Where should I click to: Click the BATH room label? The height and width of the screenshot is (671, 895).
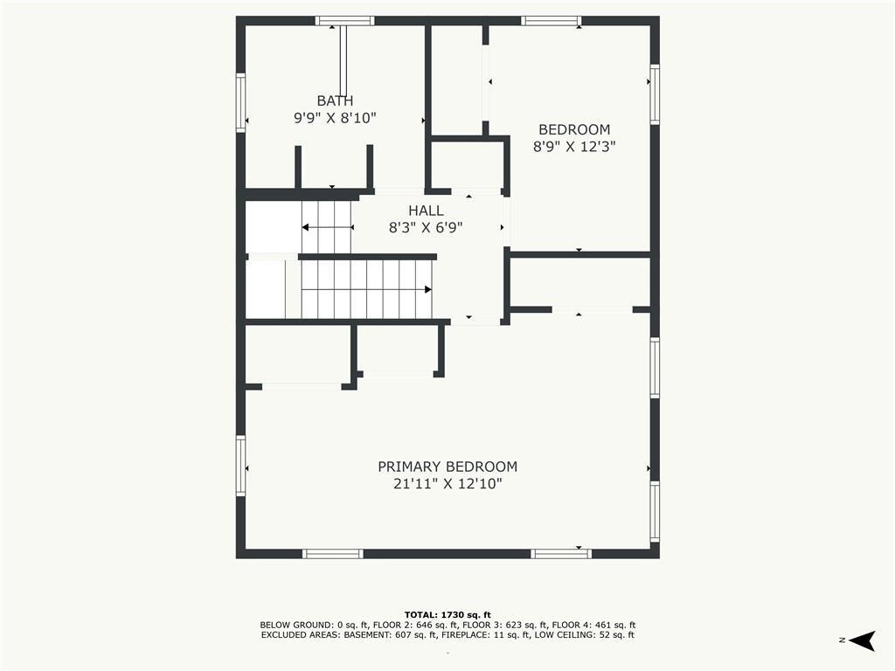(335, 101)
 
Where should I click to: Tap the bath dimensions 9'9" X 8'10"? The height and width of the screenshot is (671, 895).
(335, 118)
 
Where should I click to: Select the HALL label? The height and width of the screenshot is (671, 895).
(426, 211)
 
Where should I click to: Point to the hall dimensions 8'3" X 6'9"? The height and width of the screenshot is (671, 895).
(426, 228)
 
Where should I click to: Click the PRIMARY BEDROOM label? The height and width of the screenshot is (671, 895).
(447, 467)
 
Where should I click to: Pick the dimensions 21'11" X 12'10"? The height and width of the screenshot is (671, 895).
(447, 484)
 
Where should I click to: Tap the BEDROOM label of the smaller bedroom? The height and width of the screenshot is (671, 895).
(574, 129)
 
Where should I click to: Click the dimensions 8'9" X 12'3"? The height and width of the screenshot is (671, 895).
(574, 147)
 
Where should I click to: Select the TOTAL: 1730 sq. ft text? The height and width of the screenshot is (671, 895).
(447, 614)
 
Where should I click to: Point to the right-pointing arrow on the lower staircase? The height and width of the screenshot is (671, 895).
(366, 290)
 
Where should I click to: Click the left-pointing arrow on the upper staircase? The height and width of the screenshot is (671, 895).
(328, 227)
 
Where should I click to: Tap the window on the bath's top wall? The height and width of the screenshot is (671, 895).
(344, 21)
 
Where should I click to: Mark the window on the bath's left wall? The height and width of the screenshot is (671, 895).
(241, 103)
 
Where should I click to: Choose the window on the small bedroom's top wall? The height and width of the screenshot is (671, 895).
(552, 21)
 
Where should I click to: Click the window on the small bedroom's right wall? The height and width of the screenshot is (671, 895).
(655, 94)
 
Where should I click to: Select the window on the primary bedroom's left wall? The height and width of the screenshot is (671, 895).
(241, 466)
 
